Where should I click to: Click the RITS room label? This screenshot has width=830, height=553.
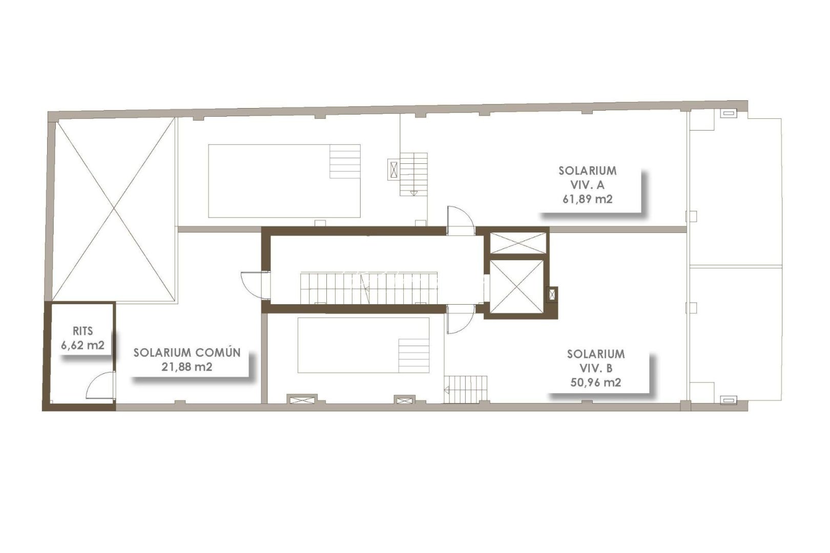[x=82, y=331]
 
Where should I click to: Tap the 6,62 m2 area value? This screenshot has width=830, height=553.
[x=82, y=345]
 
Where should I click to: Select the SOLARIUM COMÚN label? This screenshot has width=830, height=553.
[x=187, y=353]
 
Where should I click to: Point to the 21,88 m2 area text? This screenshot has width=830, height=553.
[x=187, y=367]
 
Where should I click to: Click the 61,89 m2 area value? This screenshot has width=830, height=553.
[x=587, y=199]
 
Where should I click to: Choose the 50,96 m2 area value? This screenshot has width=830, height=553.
[x=595, y=382]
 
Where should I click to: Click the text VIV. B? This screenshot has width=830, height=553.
[x=595, y=368]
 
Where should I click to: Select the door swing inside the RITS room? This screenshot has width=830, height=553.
[x=100, y=386]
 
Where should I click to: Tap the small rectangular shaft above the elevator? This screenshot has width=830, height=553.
[x=515, y=243]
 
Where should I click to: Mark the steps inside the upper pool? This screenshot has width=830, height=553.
[x=345, y=161]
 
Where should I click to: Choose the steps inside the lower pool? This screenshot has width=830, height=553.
[x=413, y=355]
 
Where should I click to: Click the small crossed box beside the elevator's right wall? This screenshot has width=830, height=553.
[x=552, y=294]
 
